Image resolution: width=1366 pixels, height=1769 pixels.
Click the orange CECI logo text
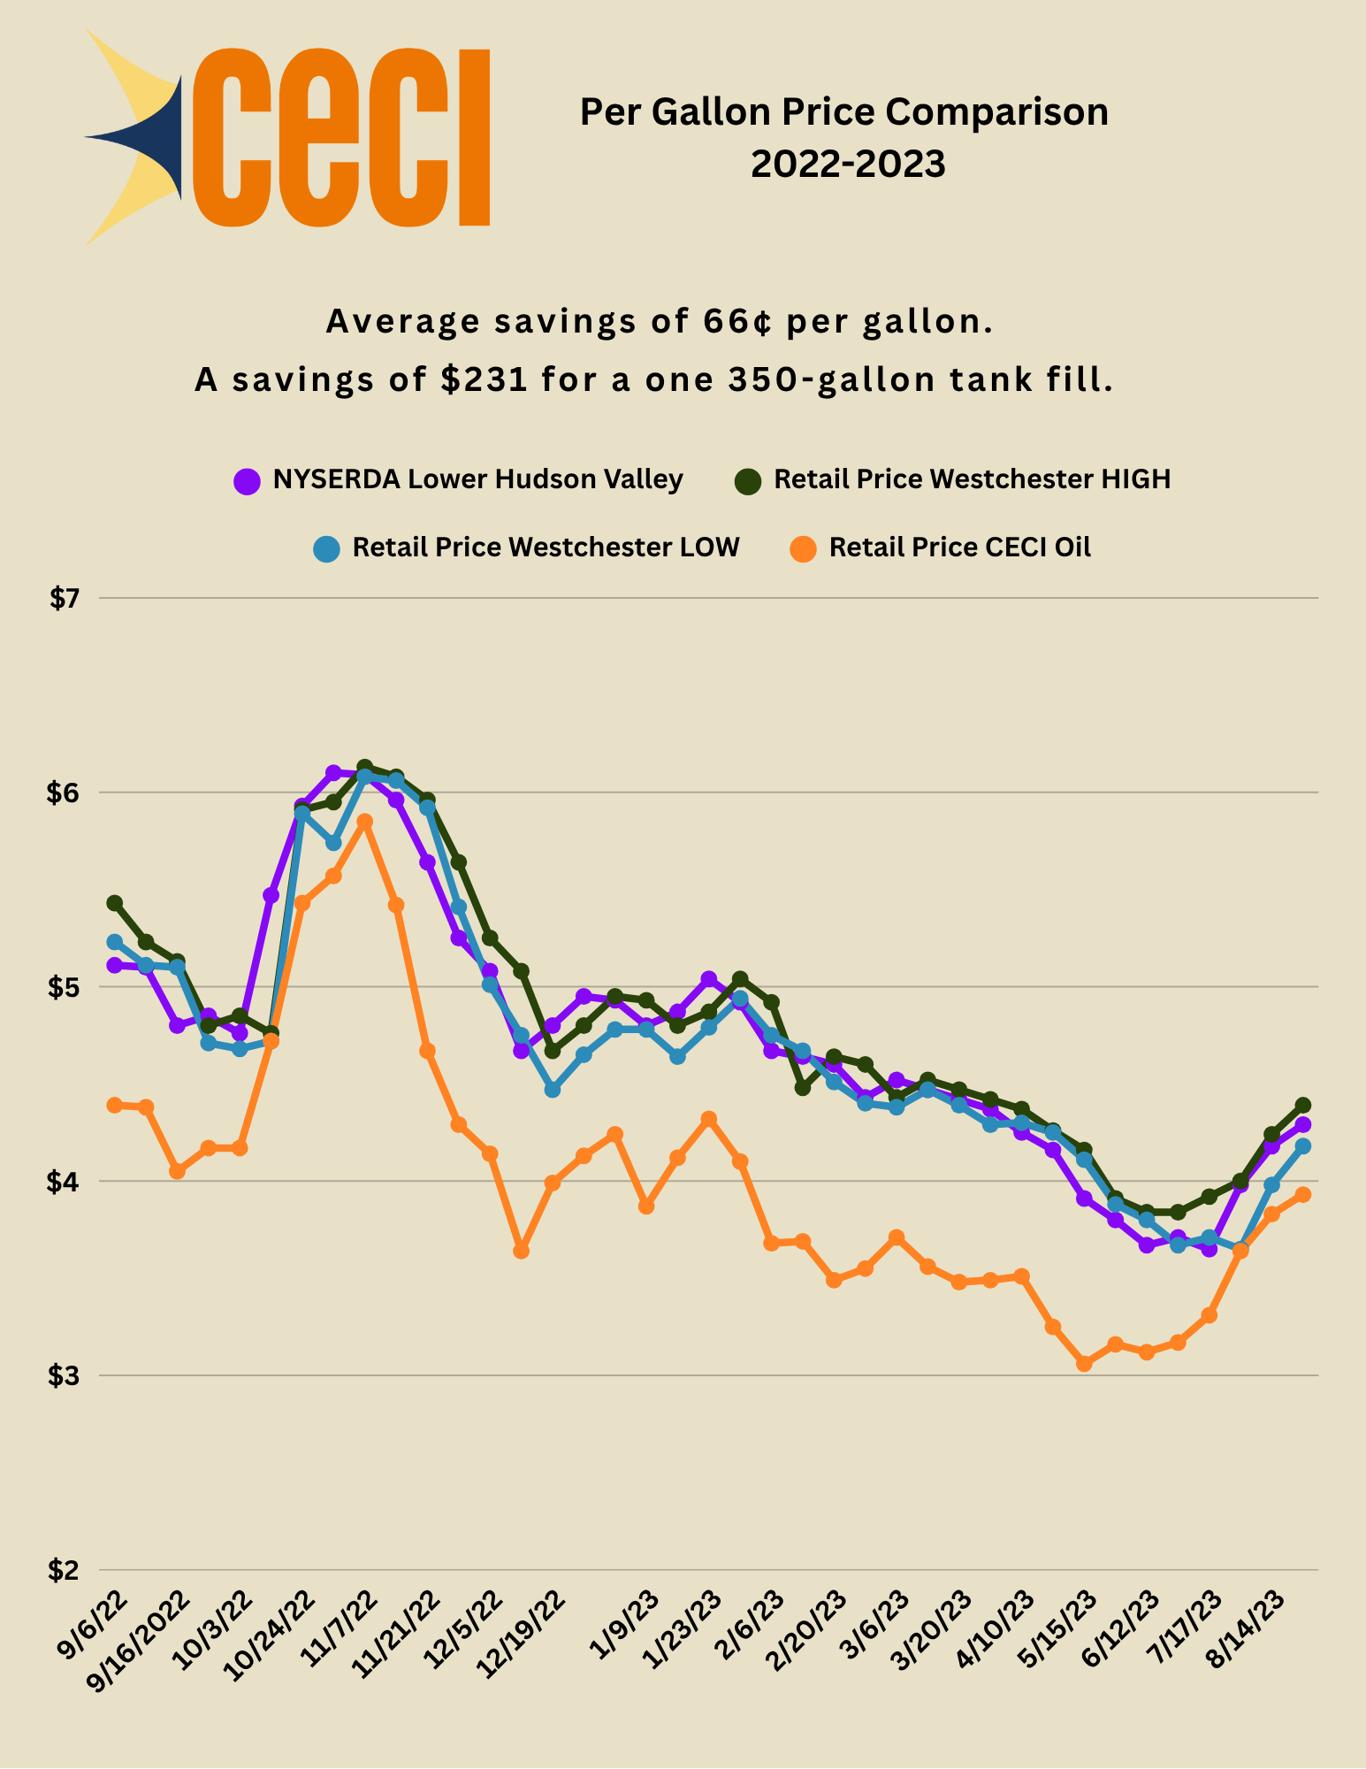(x=340, y=137)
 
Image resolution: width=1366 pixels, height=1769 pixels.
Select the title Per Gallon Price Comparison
(x=843, y=112)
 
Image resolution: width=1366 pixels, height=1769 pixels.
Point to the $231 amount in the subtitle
(x=485, y=379)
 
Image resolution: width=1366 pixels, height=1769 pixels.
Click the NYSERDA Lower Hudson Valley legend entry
(x=477, y=479)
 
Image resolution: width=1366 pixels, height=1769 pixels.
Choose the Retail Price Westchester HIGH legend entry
(x=972, y=479)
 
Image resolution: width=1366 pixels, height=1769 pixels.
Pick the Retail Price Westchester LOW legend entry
(x=546, y=548)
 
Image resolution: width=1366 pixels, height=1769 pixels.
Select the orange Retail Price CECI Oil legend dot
(x=803, y=548)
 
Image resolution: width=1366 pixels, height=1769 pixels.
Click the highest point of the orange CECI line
(x=364, y=822)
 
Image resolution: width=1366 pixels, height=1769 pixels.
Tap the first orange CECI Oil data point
(x=115, y=1105)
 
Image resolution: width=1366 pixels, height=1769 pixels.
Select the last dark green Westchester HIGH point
(x=1302, y=1105)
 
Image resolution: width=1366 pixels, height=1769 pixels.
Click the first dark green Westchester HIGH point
(x=115, y=903)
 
